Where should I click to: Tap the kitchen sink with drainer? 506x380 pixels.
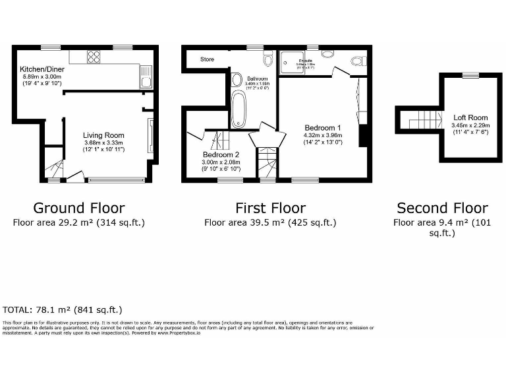tap(148, 77)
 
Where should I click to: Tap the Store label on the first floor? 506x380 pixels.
tap(207, 59)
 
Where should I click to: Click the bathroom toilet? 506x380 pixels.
tap(267, 60)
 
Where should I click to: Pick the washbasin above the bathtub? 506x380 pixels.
tap(236, 80)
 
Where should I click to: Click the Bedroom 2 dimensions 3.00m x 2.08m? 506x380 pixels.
tap(221, 162)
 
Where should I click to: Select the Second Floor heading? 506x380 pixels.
tap(442, 208)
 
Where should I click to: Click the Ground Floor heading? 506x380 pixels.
tap(79, 208)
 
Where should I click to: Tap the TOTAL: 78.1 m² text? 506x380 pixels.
tap(63, 309)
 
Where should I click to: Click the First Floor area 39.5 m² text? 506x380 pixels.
tap(270, 222)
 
